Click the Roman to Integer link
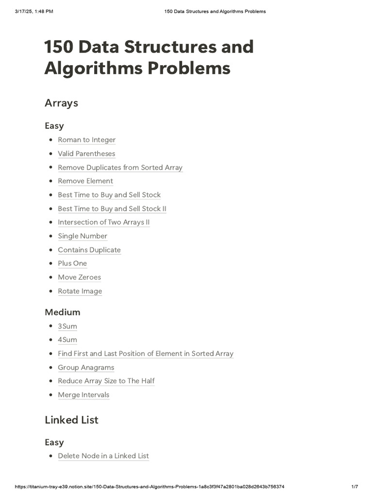tap(86, 140)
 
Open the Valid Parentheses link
tap(86, 154)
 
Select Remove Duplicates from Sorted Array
tap(120, 168)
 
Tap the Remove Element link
tap(85, 181)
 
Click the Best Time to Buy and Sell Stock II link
tap(112, 209)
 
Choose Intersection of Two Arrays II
tap(103, 222)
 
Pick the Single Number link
tap(83, 236)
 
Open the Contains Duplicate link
tap(89, 250)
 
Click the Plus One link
tap(72, 264)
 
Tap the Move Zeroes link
tap(79, 277)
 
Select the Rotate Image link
tap(80, 291)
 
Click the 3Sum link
tap(68, 326)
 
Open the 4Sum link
tap(68, 340)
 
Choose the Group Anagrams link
tap(86, 368)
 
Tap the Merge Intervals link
tap(84, 395)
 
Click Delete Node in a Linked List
tap(103, 456)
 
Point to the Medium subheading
tap(63, 312)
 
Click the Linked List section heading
tap(71, 420)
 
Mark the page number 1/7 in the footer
tap(355, 487)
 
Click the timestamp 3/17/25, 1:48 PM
tap(34, 11)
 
